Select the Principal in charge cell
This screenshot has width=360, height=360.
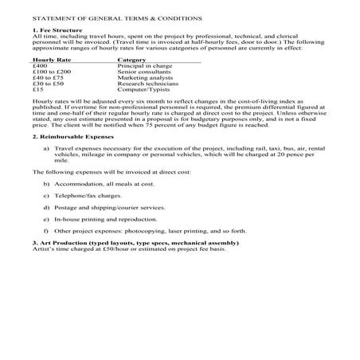click(145, 65)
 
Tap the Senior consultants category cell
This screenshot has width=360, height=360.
click(144, 72)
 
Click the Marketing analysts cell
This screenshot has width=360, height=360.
click(144, 77)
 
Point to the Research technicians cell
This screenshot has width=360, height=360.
click(147, 84)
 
